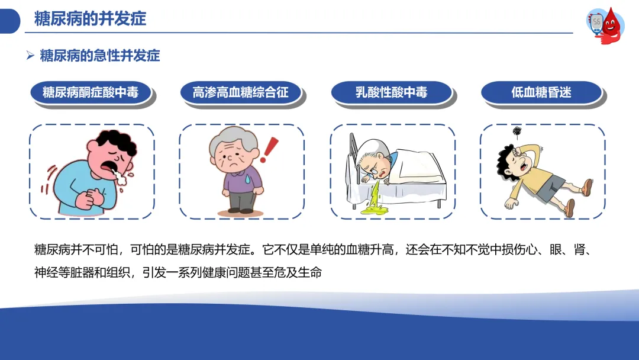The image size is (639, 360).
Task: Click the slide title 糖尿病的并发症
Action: coord(90,19)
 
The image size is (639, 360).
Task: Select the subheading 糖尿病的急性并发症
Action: coord(100,56)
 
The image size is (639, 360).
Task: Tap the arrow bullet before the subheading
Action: coord(30,56)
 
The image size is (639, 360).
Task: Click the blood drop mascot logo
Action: coord(606,25)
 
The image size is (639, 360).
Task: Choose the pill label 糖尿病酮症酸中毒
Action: coord(91,92)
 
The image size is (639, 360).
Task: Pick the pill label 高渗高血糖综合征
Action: coord(240,92)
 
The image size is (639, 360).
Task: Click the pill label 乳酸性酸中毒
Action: coord(391,92)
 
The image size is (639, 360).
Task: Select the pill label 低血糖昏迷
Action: coord(541,92)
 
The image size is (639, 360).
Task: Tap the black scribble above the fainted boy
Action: coord(517,131)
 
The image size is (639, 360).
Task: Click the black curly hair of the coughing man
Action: coord(115,142)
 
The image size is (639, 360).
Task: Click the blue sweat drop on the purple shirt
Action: coord(248,179)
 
